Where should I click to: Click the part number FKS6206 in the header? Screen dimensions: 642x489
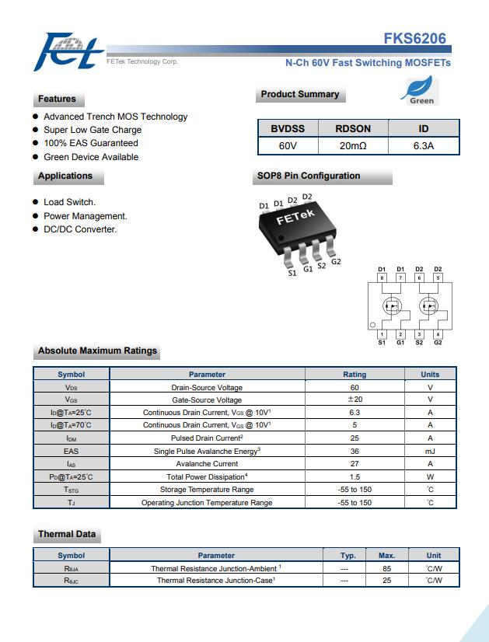[x=414, y=39]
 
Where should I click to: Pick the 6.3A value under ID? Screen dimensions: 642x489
[x=424, y=145]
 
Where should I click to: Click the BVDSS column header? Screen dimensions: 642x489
[x=288, y=128]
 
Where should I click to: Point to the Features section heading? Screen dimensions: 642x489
[x=58, y=99]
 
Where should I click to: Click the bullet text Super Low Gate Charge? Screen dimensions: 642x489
[x=93, y=130]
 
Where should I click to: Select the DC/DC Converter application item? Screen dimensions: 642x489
[x=80, y=229]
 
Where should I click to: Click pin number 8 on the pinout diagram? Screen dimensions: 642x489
[x=382, y=277]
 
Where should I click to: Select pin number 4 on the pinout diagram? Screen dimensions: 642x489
[x=438, y=334]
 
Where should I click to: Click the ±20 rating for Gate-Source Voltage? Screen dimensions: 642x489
[x=355, y=400]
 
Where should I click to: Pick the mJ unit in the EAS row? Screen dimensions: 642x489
[x=430, y=451]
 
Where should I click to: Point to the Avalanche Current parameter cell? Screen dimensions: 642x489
[x=207, y=464]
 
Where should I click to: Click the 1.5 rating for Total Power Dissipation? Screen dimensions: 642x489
[x=355, y=476]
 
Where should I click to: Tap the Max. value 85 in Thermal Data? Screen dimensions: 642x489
[x=387, y=568]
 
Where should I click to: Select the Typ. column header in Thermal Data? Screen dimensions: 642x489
[x=348, y=555]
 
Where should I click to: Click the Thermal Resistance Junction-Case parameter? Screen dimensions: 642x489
[x=216, y=581]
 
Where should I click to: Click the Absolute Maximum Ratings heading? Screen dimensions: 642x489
[x=97, y=351]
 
